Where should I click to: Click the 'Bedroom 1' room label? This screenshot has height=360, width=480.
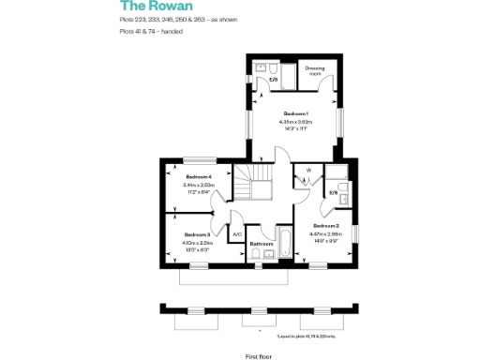(296, 113)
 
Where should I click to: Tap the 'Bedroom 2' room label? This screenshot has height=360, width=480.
(325, 226)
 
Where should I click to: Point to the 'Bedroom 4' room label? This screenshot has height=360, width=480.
(199, 177)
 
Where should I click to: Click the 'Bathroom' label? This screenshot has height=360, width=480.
(261, 244)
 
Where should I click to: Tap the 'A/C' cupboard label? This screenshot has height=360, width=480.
(237, 233)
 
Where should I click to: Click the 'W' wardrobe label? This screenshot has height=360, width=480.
(307, 170)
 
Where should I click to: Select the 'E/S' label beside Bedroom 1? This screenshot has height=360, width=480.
(274, 80)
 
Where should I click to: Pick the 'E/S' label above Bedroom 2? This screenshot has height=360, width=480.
(334, 193)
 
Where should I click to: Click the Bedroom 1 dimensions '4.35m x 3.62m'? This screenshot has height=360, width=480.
(296, 122)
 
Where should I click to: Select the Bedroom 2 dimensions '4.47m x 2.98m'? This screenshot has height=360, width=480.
(325, 234)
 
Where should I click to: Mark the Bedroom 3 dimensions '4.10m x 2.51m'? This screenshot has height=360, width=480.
(197, 243)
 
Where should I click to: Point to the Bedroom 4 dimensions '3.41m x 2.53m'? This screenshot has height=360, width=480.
(199, 186)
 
